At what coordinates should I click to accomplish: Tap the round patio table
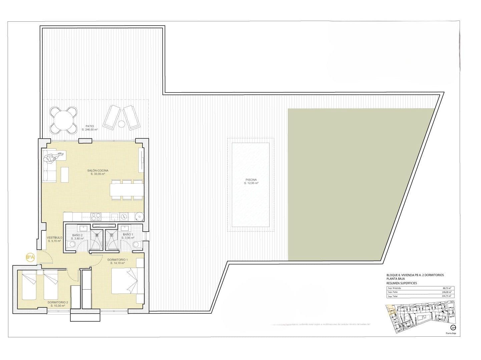tap(63, 120)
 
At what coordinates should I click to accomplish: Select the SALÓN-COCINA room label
tap(98, 171)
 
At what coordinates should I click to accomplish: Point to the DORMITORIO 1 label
tap(117, 260)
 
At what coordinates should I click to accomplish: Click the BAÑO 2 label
tap(77, 235)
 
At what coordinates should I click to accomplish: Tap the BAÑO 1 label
tap(128, 235)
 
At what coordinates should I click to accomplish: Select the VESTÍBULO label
tap(54, 238)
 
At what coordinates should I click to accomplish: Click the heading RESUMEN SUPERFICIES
tap(401, 283)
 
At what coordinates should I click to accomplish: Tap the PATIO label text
tap(89, 126)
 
